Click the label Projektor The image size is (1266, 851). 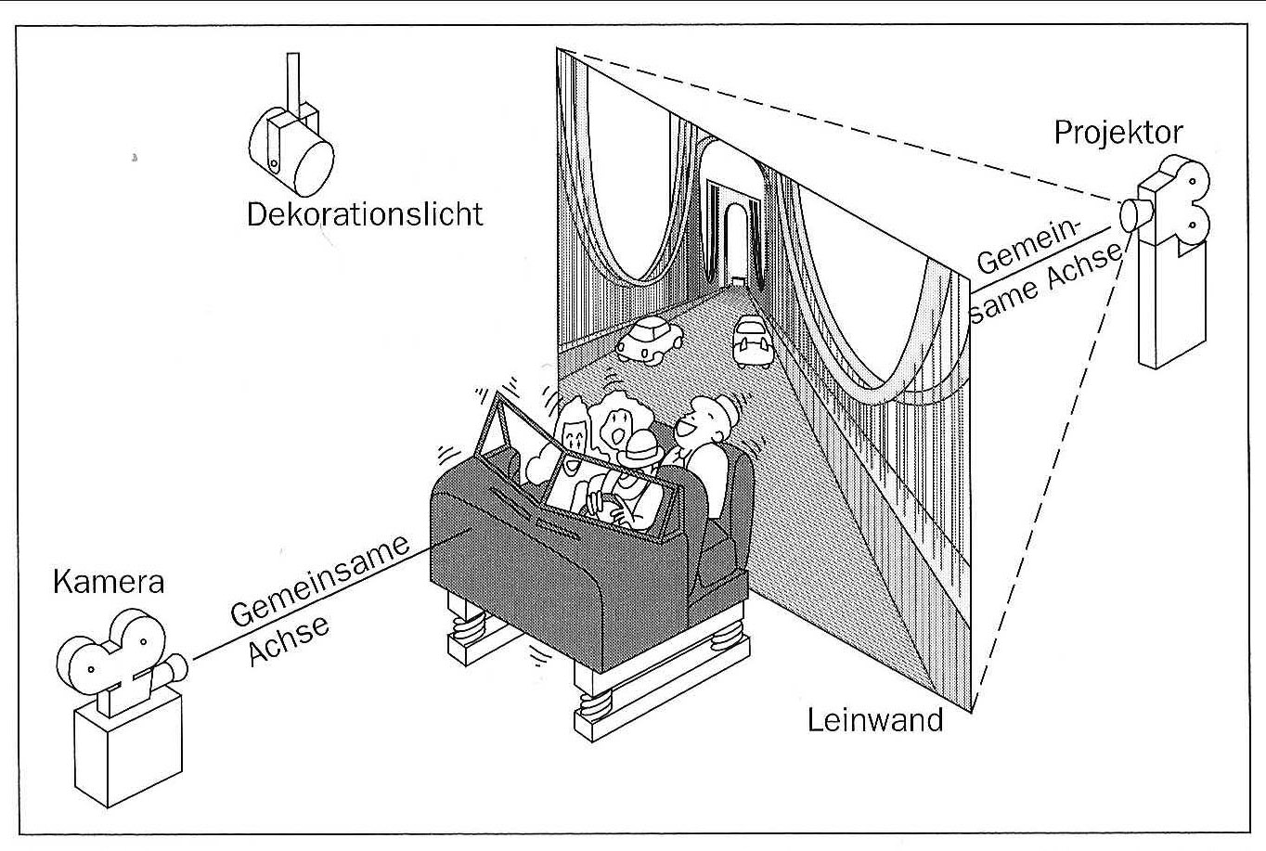1118,133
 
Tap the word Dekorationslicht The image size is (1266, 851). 365,214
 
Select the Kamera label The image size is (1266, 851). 109,582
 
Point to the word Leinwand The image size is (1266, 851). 874,720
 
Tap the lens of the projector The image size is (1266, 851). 1131,215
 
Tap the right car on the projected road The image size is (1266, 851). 753,341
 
